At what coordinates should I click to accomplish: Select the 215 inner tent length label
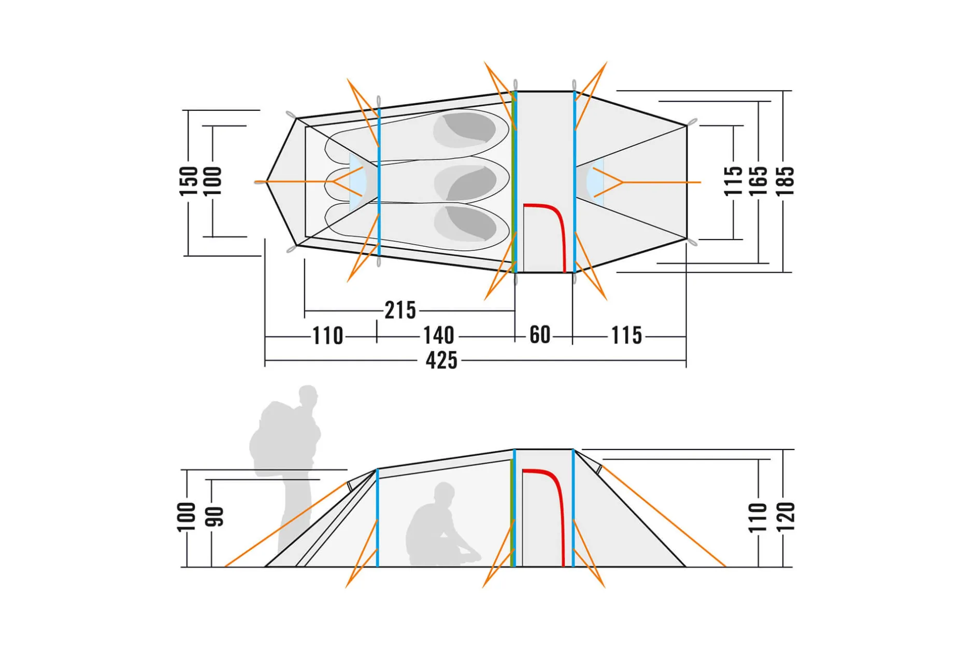400,310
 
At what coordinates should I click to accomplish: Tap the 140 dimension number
439,335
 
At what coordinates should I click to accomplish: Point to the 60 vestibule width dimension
540,335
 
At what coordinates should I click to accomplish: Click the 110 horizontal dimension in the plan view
327,336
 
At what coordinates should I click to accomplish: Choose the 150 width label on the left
189,181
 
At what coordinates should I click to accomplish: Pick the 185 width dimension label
785,181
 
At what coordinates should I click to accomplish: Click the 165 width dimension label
758,181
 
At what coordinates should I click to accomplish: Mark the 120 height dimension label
785,517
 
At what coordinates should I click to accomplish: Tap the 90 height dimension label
214,517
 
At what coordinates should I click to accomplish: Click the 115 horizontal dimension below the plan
627,335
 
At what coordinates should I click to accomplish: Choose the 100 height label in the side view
187,517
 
